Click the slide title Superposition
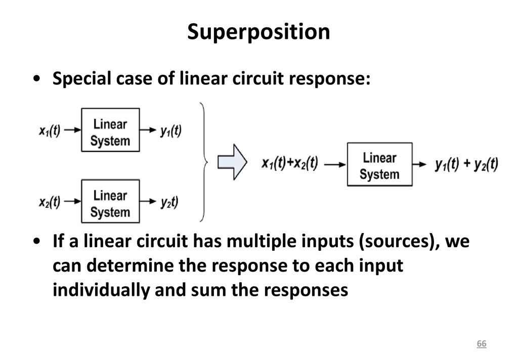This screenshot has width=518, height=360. click(258, 32)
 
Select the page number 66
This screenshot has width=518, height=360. click(482, 343)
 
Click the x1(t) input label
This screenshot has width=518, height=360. click(50, 130)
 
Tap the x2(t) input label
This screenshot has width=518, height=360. click(50, 202)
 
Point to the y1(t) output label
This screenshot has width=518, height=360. click(171, 131)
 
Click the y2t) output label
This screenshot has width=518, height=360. click(169, 202)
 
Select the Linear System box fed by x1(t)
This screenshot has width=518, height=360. click(110, 130)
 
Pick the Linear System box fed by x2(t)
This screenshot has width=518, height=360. click(110, 201)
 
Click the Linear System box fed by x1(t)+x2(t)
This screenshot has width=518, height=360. click(379, 164)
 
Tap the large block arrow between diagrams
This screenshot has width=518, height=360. click(232, 162)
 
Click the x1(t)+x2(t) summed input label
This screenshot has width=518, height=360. click(290, 163)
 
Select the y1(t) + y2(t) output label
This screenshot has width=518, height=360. click(466, 164)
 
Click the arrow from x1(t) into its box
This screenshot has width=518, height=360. click(72, 130)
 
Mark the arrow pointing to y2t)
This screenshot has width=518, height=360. click(148, 201)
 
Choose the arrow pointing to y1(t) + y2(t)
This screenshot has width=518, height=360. click(419, 164)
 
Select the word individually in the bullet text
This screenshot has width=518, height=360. click(101, 290)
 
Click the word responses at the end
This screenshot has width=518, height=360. click(306, 291)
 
